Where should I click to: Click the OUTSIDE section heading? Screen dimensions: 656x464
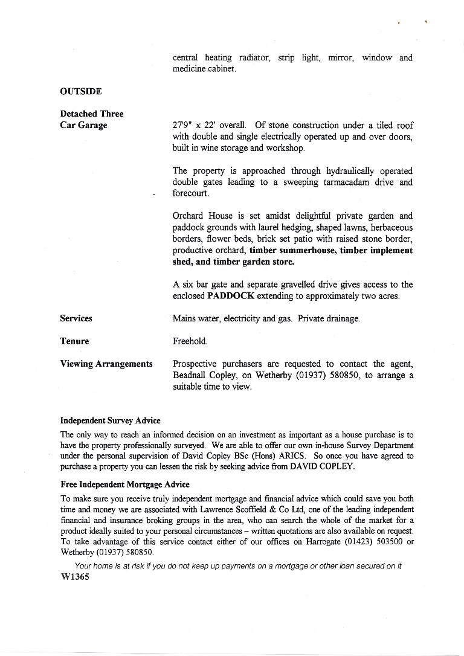81,91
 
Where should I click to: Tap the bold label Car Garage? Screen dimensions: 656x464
83,125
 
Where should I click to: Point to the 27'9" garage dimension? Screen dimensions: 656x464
183,125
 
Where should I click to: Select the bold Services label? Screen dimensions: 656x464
76,318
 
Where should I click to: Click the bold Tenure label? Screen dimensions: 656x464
74,341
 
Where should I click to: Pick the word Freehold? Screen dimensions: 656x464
190,341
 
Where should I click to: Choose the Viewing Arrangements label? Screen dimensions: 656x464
106,364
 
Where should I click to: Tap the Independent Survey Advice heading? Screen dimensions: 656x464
111,420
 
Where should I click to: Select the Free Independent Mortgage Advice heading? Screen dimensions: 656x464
125,484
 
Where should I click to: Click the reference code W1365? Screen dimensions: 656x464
76,577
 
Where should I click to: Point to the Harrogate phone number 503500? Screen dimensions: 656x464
385,542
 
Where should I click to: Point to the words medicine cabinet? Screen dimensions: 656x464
204,69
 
